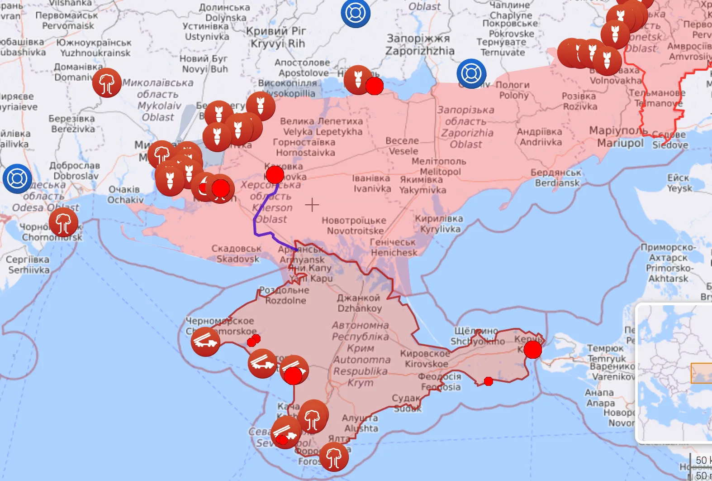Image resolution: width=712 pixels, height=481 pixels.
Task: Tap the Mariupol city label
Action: (620, 137)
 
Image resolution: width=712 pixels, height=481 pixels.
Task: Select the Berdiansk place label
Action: (557, 178)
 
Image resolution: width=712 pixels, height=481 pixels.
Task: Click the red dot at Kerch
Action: (532, 349)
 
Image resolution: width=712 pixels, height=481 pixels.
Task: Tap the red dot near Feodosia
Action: (488, 381)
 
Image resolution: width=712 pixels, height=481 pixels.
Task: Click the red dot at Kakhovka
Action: (275, 174)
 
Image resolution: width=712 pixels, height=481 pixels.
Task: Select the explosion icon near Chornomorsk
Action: (64, 222)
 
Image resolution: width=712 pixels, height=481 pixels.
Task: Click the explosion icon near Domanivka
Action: (107, 83)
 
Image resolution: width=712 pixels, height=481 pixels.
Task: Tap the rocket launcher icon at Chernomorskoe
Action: (205, 342)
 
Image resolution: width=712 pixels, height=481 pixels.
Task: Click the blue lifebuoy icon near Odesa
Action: (17, 178)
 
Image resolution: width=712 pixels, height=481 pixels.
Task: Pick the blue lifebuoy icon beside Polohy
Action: (471, 73)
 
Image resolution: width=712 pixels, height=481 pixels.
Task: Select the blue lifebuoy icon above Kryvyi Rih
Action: (355, 13)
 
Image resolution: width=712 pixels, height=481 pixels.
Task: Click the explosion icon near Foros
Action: (334, 457)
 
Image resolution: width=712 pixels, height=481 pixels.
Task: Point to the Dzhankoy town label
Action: (359, 303)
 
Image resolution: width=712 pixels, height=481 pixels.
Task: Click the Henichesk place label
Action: (393, 247)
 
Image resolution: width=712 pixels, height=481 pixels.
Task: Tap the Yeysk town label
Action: (679, 183)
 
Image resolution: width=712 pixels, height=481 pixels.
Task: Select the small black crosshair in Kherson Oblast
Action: (312, 205)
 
